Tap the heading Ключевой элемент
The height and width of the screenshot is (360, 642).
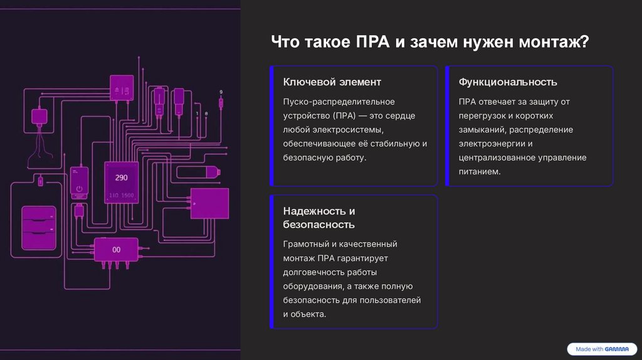[332, 82]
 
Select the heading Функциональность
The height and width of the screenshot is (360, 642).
[508, 82]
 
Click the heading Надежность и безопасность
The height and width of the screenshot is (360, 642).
[319, 218]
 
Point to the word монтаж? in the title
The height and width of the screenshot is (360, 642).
[554, 43]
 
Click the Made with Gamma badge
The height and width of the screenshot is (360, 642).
[601, 349]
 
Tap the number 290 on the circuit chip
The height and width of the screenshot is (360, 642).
[121, 177]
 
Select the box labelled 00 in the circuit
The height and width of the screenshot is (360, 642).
[116, 250]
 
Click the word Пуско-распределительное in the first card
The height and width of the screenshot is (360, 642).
[339, 102]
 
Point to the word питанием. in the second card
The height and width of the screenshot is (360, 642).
[480, 171]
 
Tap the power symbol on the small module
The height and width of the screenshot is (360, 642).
[79, 188]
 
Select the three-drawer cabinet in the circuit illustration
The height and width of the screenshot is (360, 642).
[39, 228]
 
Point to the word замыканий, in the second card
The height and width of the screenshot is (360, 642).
[482, 129]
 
